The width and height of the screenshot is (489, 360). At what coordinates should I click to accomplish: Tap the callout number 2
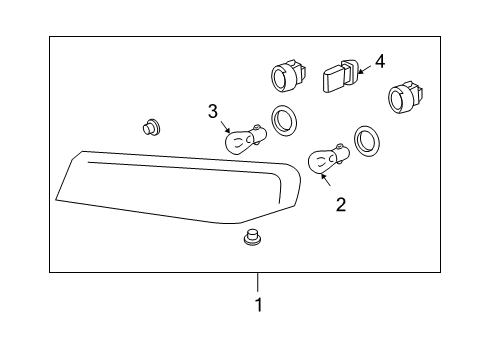341,205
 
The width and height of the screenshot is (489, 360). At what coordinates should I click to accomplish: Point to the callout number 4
381,61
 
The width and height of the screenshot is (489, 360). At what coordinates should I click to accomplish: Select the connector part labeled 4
340,75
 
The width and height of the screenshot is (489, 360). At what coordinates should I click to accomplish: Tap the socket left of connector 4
286,76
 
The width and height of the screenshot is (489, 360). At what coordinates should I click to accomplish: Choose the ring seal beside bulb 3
284,121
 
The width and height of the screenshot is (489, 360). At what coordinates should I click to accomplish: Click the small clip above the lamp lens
151,127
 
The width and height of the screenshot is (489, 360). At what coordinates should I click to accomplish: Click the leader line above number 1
258,283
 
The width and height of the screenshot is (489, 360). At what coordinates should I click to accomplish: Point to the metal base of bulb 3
259,133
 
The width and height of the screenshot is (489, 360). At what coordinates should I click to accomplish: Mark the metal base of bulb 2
341,154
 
